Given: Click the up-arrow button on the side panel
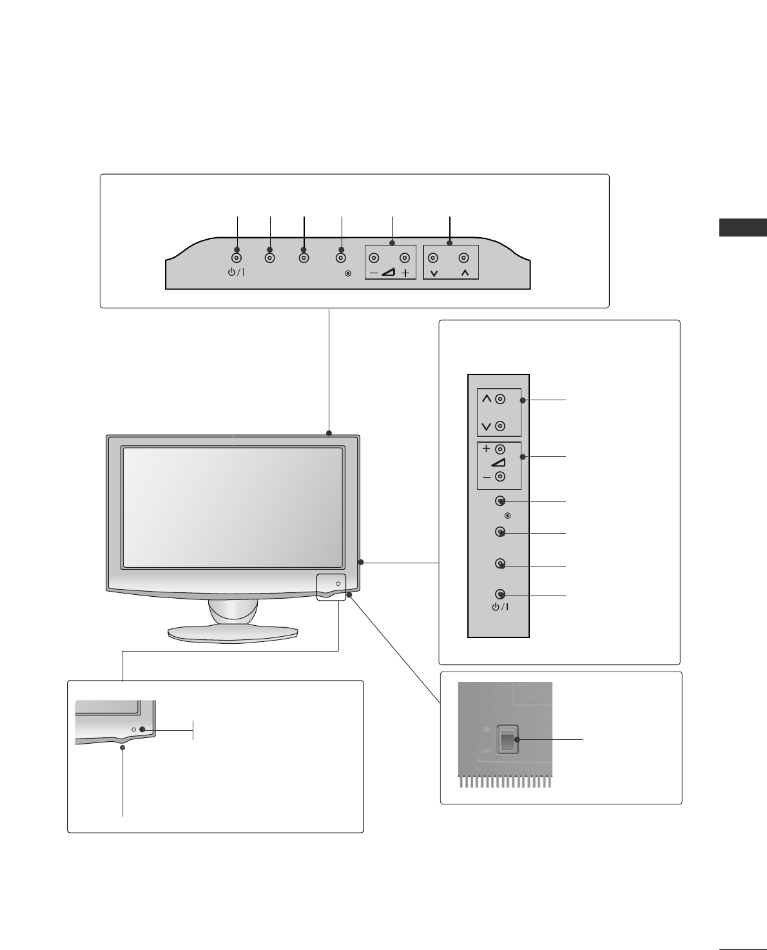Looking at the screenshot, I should tap(500, 399).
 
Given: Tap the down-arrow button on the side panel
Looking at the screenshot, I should tap(500, 426).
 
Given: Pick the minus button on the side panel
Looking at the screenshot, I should tap(500, 477).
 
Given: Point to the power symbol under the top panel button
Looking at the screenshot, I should tap(236, 273).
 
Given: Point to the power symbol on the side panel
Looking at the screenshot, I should tap(499, 608).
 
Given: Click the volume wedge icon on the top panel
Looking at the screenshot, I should tap(389, 273).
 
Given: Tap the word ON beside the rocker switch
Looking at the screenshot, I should tap(488, 730).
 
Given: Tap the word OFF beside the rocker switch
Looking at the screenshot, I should tap(487, 751).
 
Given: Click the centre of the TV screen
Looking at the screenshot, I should tap(233, 508).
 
